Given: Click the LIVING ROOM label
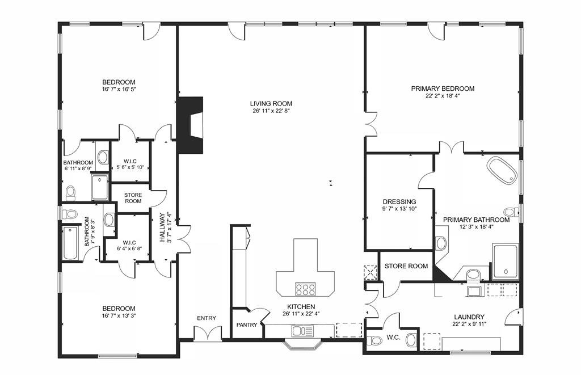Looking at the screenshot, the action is pos(271,104).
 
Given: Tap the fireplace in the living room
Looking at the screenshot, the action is pos(190,125).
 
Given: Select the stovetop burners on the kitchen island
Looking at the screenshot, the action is pos(305,289).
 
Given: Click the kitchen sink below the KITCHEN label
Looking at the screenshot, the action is pos(302,331).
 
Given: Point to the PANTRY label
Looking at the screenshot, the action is pos(247,325).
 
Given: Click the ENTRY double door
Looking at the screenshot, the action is pos(208,333).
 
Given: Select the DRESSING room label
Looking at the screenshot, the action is pos(399,202).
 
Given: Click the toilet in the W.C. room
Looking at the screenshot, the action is pos(374,340).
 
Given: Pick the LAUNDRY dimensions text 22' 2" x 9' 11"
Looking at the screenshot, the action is pos(469,324).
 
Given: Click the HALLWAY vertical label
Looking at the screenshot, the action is pos(162,227).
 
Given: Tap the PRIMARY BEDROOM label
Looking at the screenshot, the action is pos(443,89).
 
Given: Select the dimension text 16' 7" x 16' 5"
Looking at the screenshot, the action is pos(119,89).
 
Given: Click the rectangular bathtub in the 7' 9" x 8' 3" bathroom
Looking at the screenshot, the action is pos(70,243).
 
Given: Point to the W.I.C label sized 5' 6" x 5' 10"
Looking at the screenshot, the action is pos(130,162).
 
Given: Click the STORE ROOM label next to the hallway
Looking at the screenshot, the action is pos(133,198).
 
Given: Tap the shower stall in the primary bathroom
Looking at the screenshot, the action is pos(506,262).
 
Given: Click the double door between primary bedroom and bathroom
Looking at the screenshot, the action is pos(451,147).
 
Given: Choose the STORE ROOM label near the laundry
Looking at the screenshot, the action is pos(406,266).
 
